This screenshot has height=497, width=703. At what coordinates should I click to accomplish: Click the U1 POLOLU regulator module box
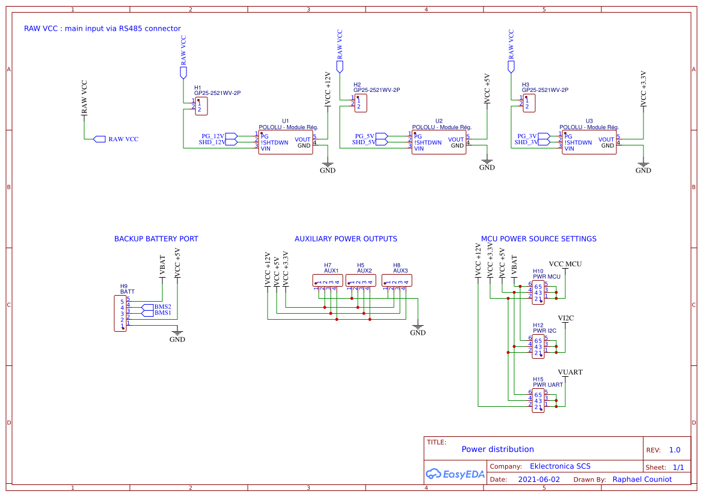coord(285,142)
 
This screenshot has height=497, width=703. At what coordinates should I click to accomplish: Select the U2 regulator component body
coord(438,142)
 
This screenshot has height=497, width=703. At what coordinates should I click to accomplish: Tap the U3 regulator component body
coord(589,142)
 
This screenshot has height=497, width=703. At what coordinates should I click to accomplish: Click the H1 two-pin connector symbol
coord(201,106)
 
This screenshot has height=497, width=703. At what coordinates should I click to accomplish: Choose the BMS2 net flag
coord(148,307)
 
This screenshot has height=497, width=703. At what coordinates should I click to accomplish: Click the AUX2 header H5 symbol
coord(361,281)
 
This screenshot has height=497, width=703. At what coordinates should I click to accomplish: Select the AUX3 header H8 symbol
coord(397,281)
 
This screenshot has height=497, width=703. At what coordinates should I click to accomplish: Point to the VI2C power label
coord(565,318)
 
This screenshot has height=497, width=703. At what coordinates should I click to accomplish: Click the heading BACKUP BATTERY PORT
coord(156,239)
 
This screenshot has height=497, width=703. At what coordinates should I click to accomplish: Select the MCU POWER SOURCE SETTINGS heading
coord(539,239)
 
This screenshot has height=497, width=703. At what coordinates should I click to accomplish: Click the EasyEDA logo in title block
coord(455,474)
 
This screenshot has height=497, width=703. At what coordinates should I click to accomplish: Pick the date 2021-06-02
coord(539,480)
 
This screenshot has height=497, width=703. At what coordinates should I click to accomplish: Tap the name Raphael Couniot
coord(642,479)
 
